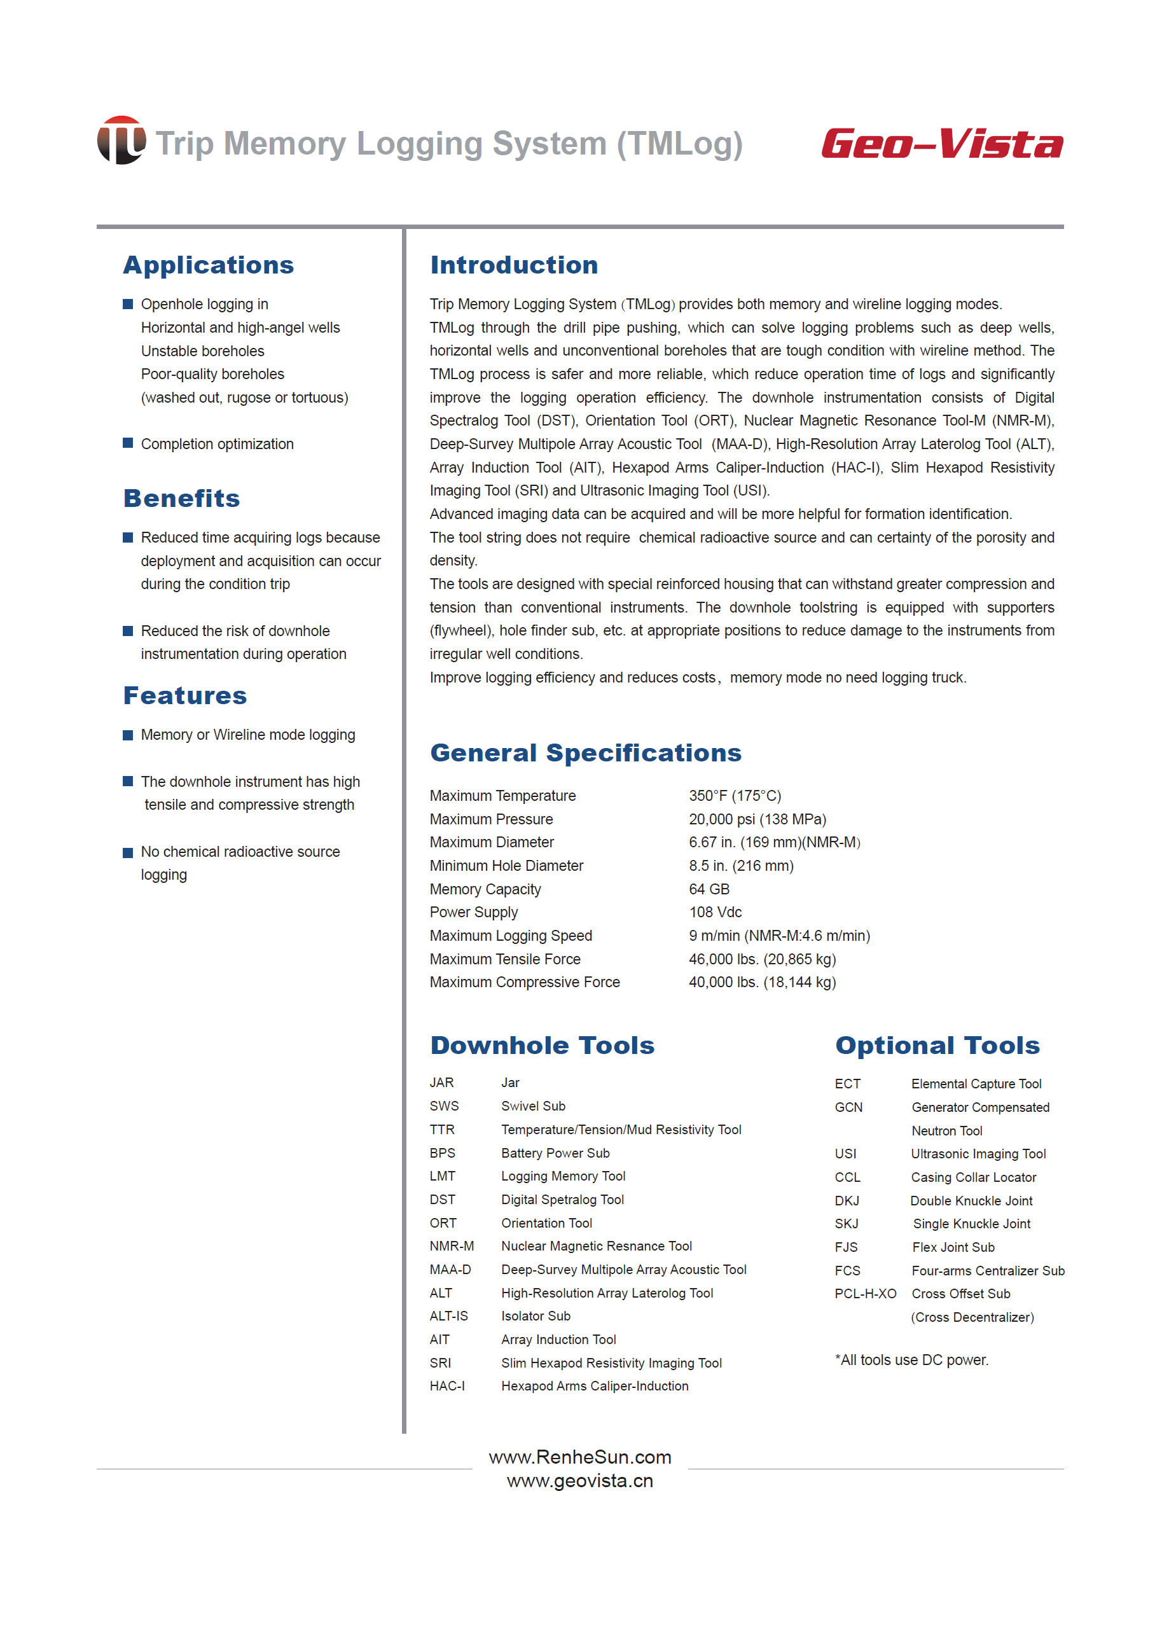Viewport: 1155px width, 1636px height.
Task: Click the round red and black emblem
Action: (121, 141)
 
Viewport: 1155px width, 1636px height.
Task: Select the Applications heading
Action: (208, 265)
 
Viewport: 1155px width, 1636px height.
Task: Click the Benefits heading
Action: (182, 498)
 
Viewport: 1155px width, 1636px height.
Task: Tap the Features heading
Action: (185, 695)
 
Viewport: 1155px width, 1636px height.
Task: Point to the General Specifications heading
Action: (585, 753)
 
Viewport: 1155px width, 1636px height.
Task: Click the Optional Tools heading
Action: (937, 1045)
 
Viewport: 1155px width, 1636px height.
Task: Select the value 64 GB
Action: (709, 889)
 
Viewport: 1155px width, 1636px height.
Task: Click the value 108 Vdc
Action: (716, 912)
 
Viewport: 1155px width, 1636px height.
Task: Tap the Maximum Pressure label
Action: (491, 819)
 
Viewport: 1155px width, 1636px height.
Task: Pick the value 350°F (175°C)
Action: (735, 796)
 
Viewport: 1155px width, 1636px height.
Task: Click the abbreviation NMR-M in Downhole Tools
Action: (452, 1246)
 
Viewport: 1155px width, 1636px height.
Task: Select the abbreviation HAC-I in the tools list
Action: (446, 1386)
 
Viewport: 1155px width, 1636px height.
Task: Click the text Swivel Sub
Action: (533, 1106)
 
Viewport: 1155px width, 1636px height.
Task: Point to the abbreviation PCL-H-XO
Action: (865, 1293)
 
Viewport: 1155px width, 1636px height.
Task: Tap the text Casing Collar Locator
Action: (973, 1177)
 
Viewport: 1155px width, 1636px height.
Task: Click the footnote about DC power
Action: (911, 1359)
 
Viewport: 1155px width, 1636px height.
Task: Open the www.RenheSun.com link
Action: (580, 1457)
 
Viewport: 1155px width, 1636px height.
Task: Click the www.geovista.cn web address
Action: (580, 1481)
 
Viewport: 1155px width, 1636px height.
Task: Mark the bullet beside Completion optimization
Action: (128, 443)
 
